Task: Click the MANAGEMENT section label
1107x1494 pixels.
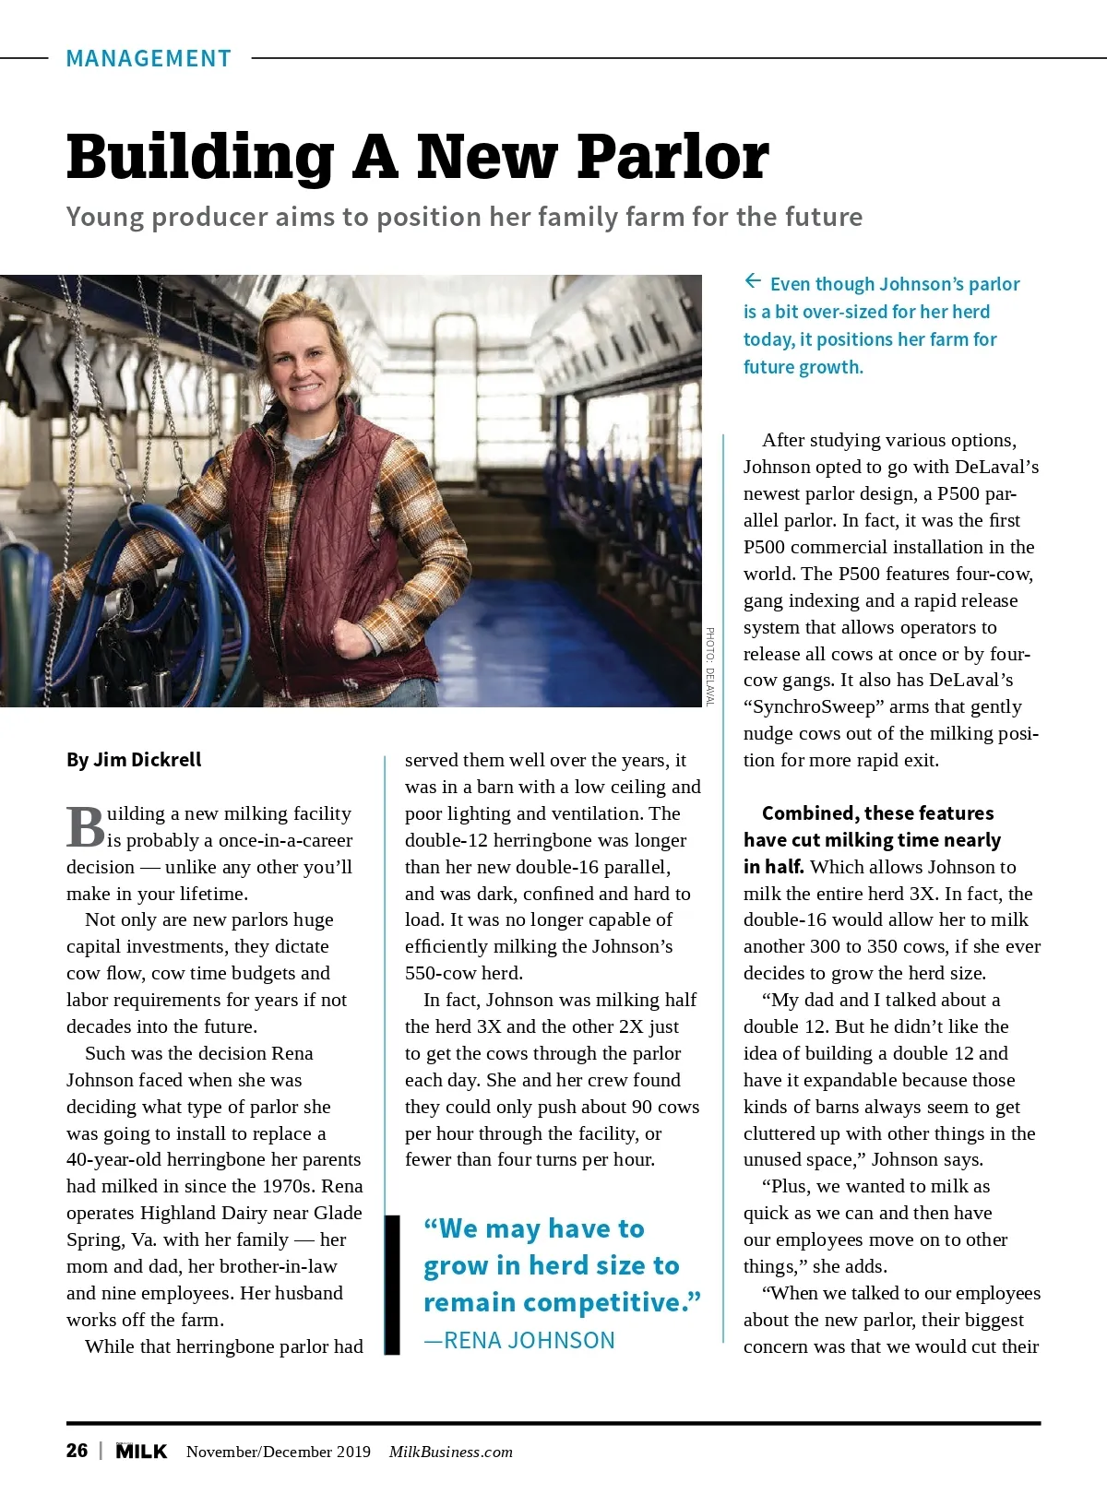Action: coord(149,59)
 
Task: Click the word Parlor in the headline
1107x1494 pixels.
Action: coord(673,157)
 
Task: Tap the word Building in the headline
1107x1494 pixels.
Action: coord(200,157)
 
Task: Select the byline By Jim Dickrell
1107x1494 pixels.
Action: coord(134,760)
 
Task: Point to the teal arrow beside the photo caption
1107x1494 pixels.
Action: coord(753,281)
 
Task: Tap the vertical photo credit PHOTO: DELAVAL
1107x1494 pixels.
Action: coord(710,667)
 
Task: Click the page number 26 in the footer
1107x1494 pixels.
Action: coord(77,1451)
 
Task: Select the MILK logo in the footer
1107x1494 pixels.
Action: coord(141,1452)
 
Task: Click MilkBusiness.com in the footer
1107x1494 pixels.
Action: coord(450,1452)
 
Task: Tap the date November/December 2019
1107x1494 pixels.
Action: coord(278,1452)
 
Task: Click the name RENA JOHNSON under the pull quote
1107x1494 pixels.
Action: coord(530,1340)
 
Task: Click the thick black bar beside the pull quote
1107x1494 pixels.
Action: coord(392,1285)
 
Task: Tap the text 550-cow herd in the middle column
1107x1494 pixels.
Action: coord(463,973)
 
